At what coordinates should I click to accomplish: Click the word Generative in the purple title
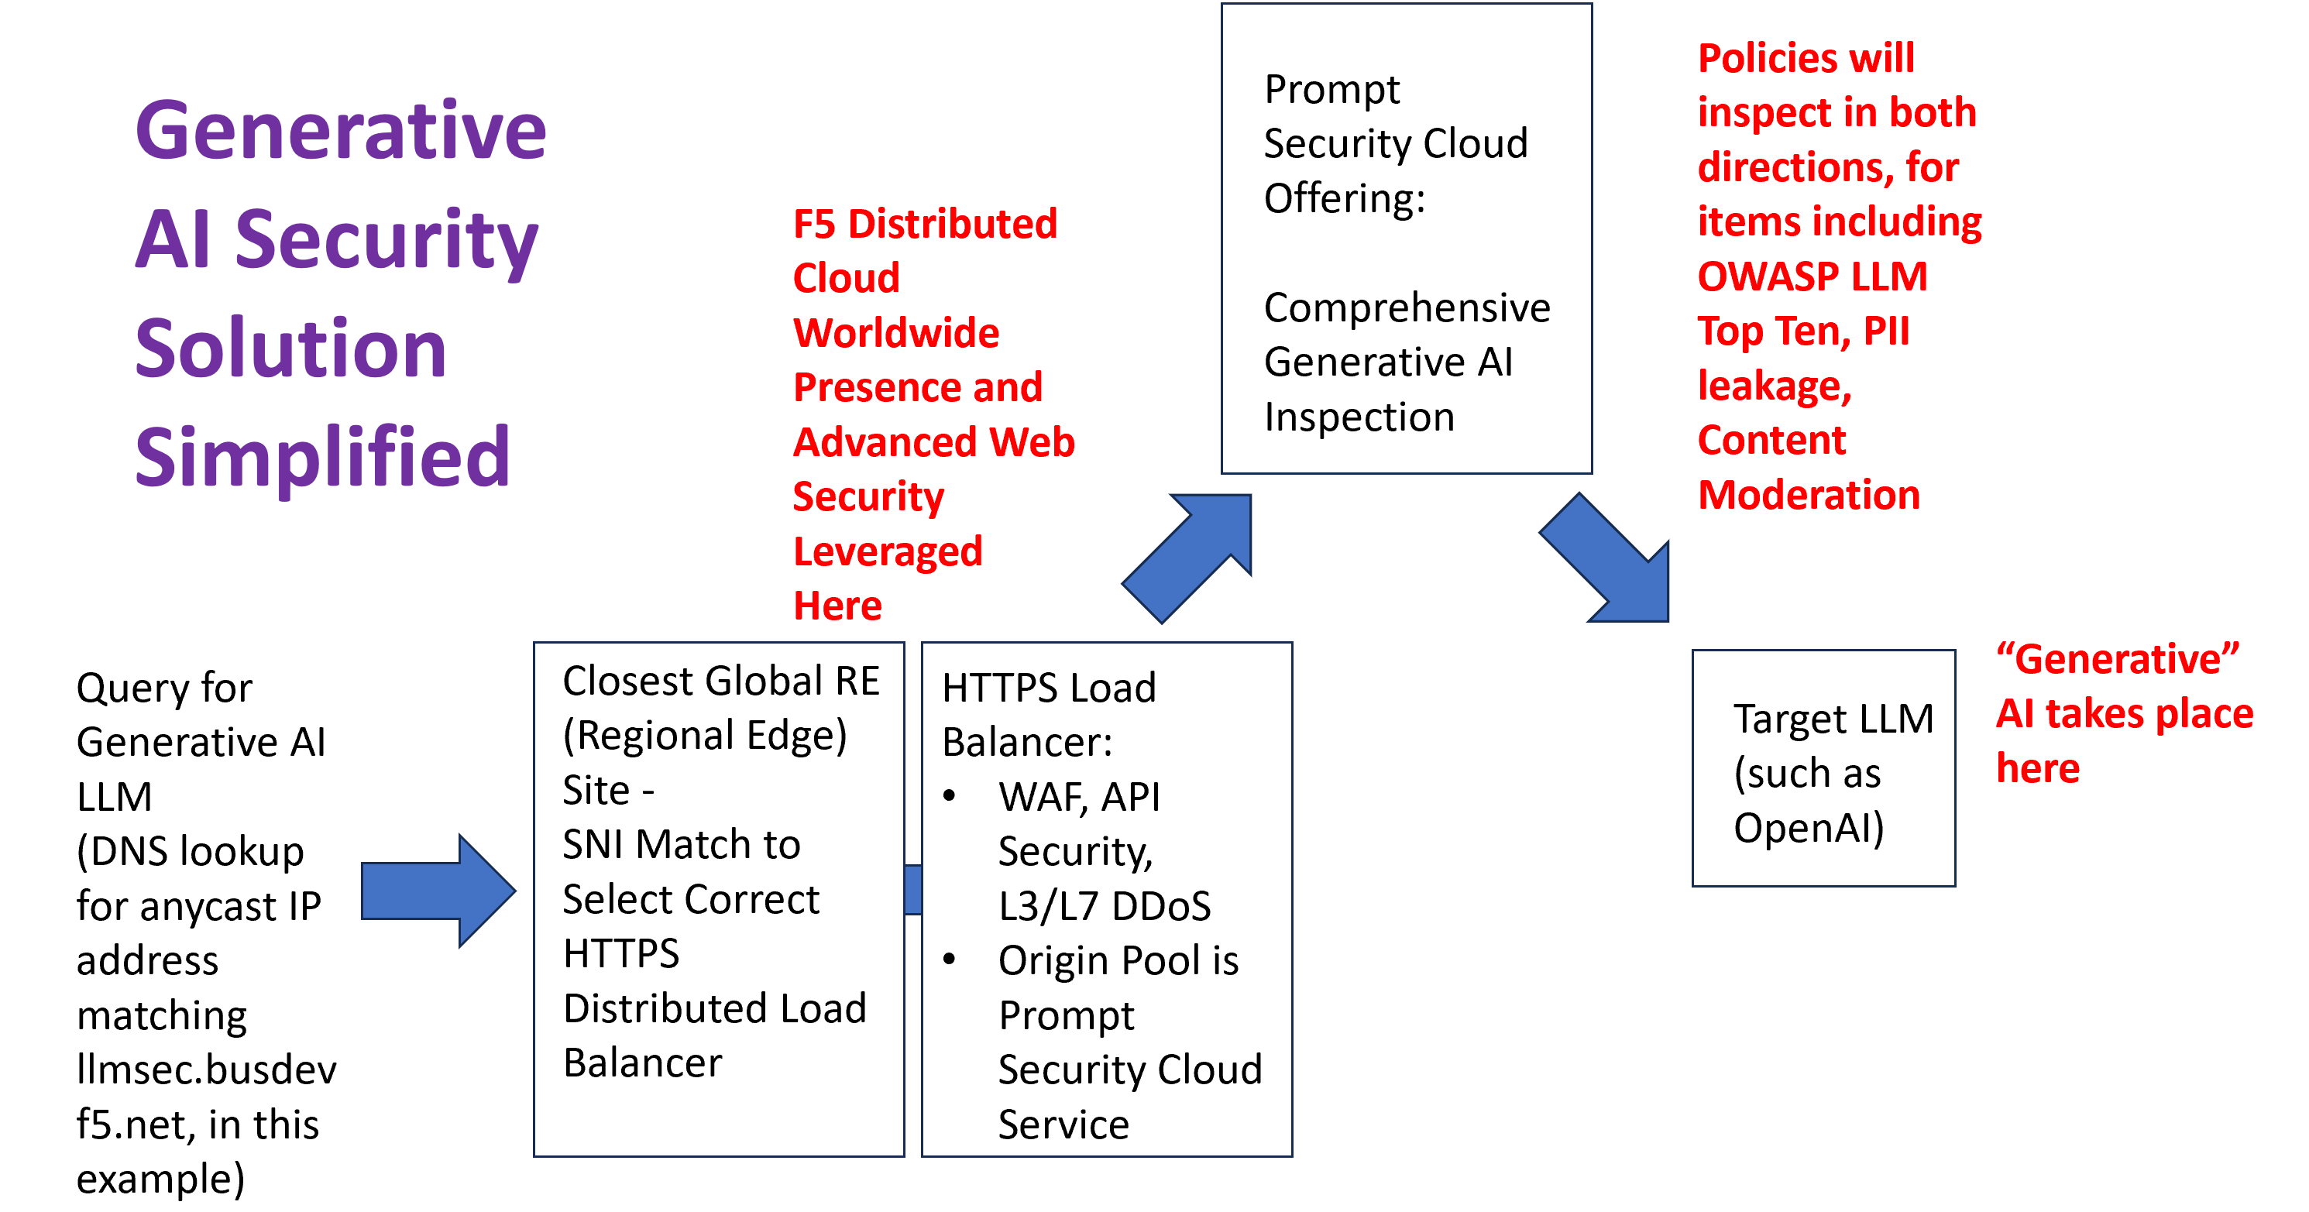pyautogui.click(x=341, y=131)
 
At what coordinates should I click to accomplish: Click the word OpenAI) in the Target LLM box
pyautogui.click(x=1808, y=827)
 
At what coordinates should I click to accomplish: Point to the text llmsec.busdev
pyautogui.click(x=206, y=1070)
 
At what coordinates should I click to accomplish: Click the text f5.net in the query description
pyautogui.click(x=136, y=1124)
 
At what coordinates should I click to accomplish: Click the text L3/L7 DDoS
pyautogui.click(x=1105, y=905)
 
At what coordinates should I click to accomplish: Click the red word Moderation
pyautogui.click(x=1808, y=495)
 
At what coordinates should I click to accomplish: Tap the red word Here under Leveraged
pyautogui.click(x=837, y=606)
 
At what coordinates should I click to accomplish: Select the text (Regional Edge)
pyautogui.click(x=705, y=735)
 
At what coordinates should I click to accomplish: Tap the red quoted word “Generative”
pyautogui.click(x=2117, y=659)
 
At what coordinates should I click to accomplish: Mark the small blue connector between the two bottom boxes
pyautogui.click(x=913, y=889)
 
